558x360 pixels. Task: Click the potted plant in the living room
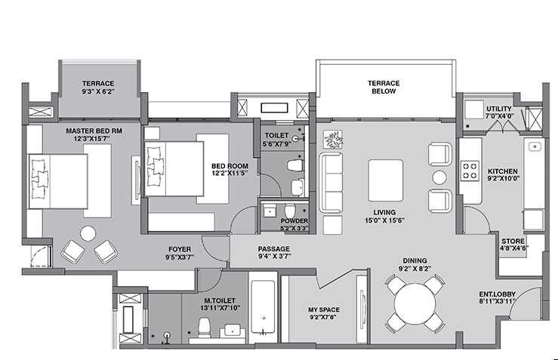[331, 139]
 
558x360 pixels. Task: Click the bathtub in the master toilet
[262, 312]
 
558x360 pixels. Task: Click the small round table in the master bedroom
[88, 234]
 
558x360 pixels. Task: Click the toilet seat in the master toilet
[203, 326]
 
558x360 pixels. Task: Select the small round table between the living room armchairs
[439, 178]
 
